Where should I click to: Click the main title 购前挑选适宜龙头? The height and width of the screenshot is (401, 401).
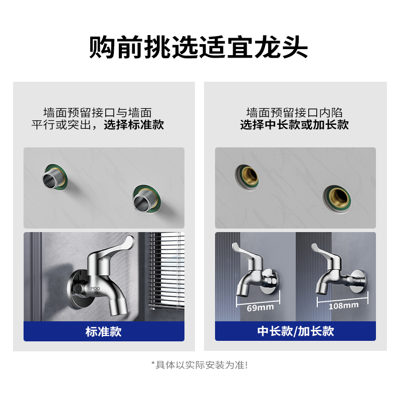[x=200, y=48]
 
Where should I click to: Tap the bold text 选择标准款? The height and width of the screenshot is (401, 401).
[x=134, y=125]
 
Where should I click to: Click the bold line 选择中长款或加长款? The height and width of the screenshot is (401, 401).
[x=294, y=125]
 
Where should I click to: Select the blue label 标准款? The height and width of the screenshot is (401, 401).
[x=104, y=331]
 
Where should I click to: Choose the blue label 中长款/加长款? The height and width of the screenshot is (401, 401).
[x=295, y=331]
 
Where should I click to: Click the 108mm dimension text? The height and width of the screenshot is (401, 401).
[x=343, y=305]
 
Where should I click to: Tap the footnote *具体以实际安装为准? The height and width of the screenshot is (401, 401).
[x=200, y=365]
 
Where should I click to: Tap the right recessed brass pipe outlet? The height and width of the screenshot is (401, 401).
[x=336, y=197]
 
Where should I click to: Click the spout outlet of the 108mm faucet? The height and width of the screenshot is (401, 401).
[x=321, y=291]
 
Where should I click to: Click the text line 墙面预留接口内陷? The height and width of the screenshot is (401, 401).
[x=294, y=112]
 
